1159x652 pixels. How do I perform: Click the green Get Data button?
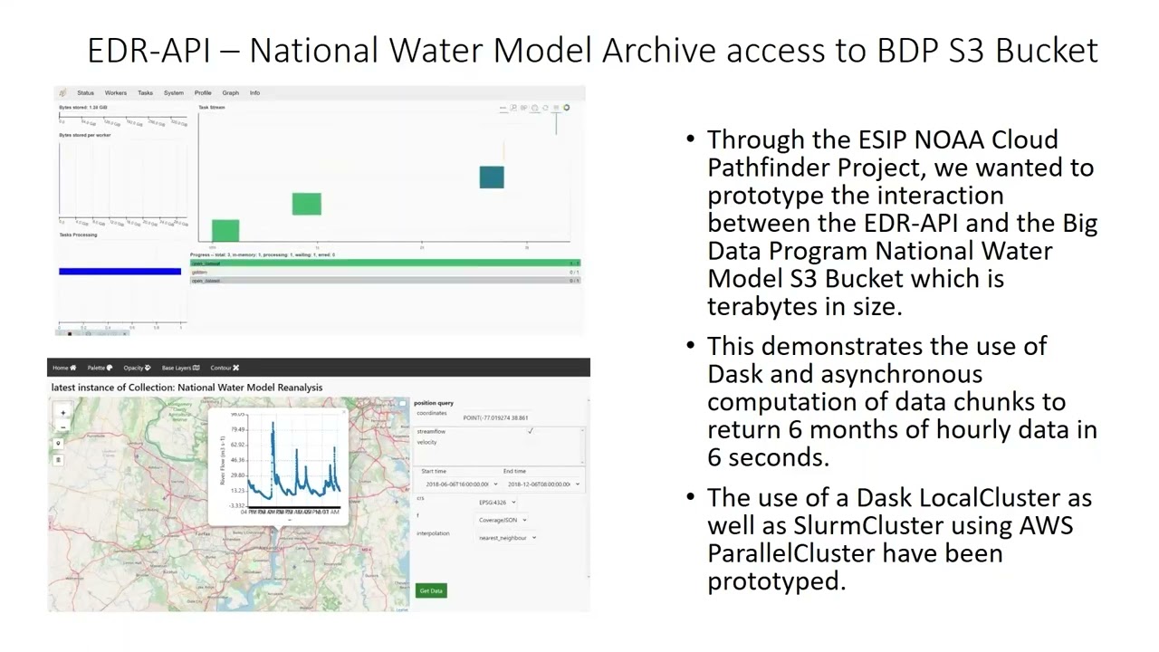pyautogui.click(x=431, y=590)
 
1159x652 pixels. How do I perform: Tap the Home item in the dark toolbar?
pyautogui.click(x=63, y=368)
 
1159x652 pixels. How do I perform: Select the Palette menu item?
pyautogui.click(x=100, y=368)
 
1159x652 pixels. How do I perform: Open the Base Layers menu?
pyautogui.click(x=180, y=368)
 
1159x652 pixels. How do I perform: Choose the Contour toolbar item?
pyautogui.click(x=224, y=368)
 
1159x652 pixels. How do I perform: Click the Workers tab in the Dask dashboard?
pyautogui.click(x=115, y=92)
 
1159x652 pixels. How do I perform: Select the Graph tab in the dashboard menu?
pyautogui.click(x=231, y=92)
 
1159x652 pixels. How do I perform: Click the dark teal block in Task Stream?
pyautogui.click(x=492, y=177)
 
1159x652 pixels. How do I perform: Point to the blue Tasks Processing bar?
pyautogui.click(x=120, y=271)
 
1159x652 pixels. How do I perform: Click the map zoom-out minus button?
pyautogui.click(x=62, y=427)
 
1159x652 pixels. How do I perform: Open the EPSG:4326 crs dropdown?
pyautogui.click(x=497, y=502)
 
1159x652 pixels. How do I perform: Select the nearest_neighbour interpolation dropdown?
pyautogui.click(x=508, y=538)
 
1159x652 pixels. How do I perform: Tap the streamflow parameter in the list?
pyautogui.click(x=431, y=432)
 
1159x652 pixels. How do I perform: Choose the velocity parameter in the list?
pyautogui.click(x=426, y=442)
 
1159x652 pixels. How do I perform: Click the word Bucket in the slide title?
pyautogui.click(x=1047, y=50)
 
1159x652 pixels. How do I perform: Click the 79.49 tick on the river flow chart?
pyautogui.click(x=237, y=429)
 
